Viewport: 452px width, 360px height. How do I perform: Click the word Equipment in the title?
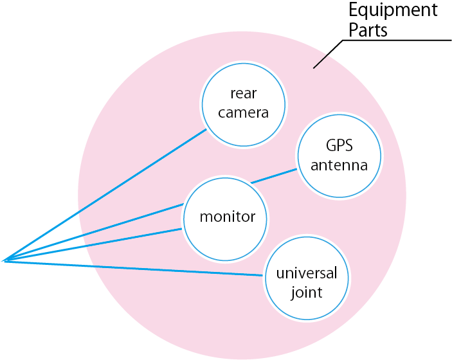click(x=393, y=11)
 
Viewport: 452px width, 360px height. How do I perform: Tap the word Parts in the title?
click(x=368, y=30)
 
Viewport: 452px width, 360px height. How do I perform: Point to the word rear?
click(x=243, y=94)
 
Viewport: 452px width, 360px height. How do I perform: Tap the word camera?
click(x=243, y=113)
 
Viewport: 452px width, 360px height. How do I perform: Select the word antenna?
click(x=339, y=165)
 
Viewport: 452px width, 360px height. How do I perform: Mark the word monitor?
click(x=226, y=217)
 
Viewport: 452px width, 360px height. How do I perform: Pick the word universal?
click(x=306, y=273)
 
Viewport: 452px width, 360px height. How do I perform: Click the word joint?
click(x=306, y=293)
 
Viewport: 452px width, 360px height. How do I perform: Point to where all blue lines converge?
click(x=3, y=261)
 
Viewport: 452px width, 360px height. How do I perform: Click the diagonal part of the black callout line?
click(x=328, y=54)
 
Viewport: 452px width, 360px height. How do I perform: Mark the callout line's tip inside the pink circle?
click(x=314, y=67)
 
